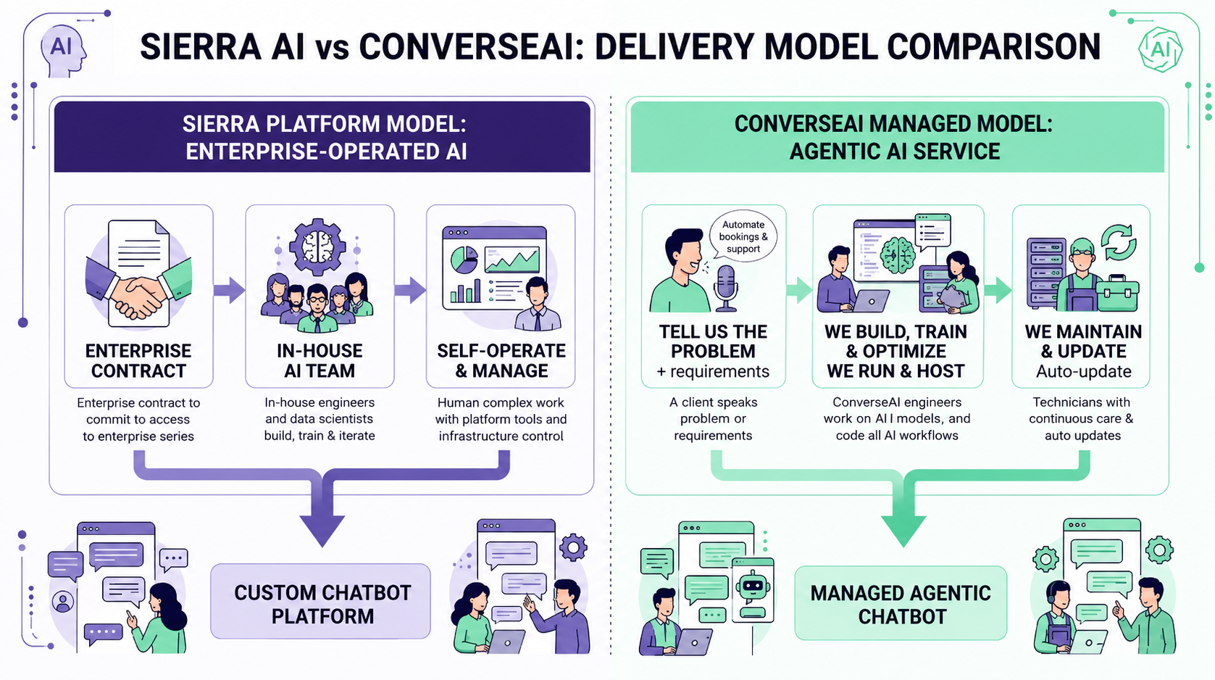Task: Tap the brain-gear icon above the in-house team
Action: pyautogui.click(x=317, y=247)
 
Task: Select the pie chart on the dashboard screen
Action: pyautogui.click(x=464, y=260)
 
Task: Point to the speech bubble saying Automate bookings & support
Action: pyautogui.click(x=743, y=236)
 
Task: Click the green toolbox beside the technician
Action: pyautogui.click(x=1116, y=292)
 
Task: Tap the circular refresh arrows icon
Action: pyautogui.click(x=1119, y=243)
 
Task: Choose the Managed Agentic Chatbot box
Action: pyautogui.click(x=901, y=603)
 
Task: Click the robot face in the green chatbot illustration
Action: pyautogui.click(x=752, y=586)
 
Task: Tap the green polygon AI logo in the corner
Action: pyautogui.click(x=1160, y=49)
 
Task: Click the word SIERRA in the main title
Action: pyautogui.click(x=201, y=46)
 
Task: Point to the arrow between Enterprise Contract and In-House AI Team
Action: pyautogui.click(x=229, y=291)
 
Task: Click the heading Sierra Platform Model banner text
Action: pyautogui.click(x=325, y=137)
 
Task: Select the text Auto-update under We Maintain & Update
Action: pyautogui.click(x=1083, y=372)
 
